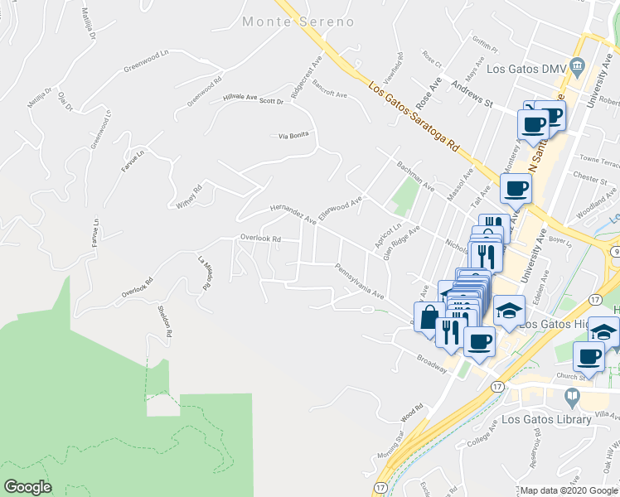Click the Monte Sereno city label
tap(298, 22)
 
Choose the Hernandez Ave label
tap(293, 215)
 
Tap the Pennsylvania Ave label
tap(360, 282)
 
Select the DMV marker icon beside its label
tap(579, 67)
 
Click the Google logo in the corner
tap(27, 487)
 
